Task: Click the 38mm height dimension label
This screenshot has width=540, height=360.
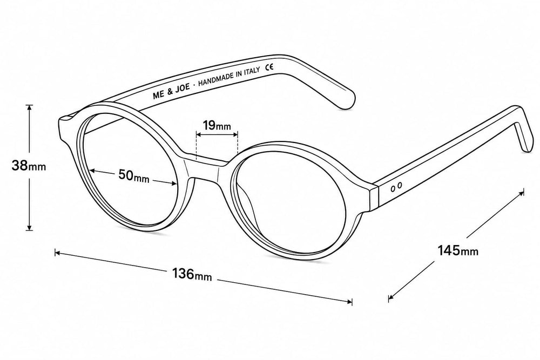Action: [28, 166]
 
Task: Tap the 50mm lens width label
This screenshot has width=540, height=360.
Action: [133, 175]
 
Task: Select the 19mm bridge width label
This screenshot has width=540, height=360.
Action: [217, 126]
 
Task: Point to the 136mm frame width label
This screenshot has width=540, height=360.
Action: [192, 274]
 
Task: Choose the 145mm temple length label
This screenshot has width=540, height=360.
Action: [458, 250]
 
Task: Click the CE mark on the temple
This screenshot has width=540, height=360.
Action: [269, 67]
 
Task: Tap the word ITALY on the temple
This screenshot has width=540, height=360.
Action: [252, 72]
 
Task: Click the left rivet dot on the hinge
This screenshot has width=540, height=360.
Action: [393, 188]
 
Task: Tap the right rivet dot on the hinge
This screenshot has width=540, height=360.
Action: [399, 186]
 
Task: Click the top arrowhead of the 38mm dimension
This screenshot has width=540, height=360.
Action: [30, 107]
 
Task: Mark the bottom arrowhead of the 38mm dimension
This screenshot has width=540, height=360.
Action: [30, 227]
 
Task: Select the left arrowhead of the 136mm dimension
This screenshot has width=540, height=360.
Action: [58, 253]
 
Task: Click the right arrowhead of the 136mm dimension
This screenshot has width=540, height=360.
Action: [349, 302]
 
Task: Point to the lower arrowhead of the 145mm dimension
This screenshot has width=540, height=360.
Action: [391, 298]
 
